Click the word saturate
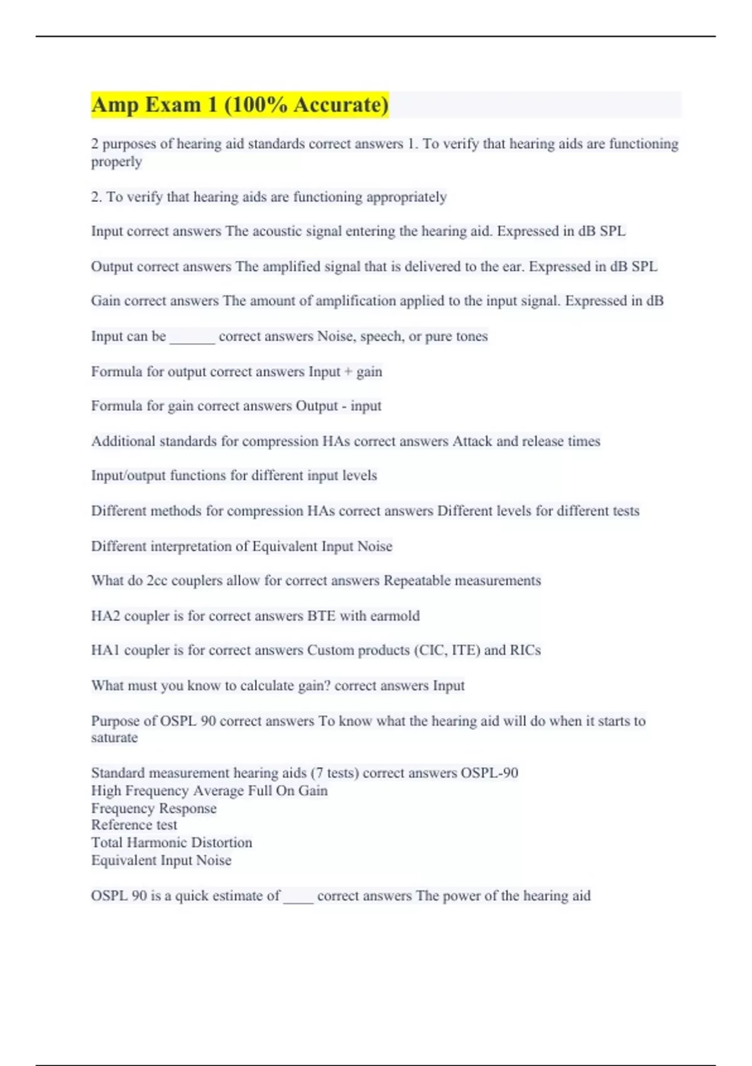point(114,738)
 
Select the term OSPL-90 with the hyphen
point(489,773)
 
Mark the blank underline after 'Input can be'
point(192,339)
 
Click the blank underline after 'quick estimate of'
point(298,899)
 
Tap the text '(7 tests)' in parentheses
point(335,773)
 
